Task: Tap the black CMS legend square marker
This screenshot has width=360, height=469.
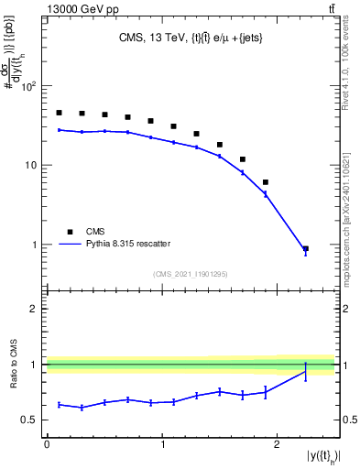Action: pos(69,231)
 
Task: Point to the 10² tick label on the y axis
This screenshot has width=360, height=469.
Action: pos(27,87)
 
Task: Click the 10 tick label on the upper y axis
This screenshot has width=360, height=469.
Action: pos(29,166)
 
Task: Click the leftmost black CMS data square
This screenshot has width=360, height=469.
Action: pos(59,113)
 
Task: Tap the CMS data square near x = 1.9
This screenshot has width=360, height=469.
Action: pos(266,182)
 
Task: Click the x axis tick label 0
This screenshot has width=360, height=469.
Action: pos(47,444)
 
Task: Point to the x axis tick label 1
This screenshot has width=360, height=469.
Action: pos(162,444)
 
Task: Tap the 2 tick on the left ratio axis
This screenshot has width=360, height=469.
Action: pos(33,309)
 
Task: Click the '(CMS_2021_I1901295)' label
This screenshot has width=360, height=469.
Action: pos(191,274)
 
